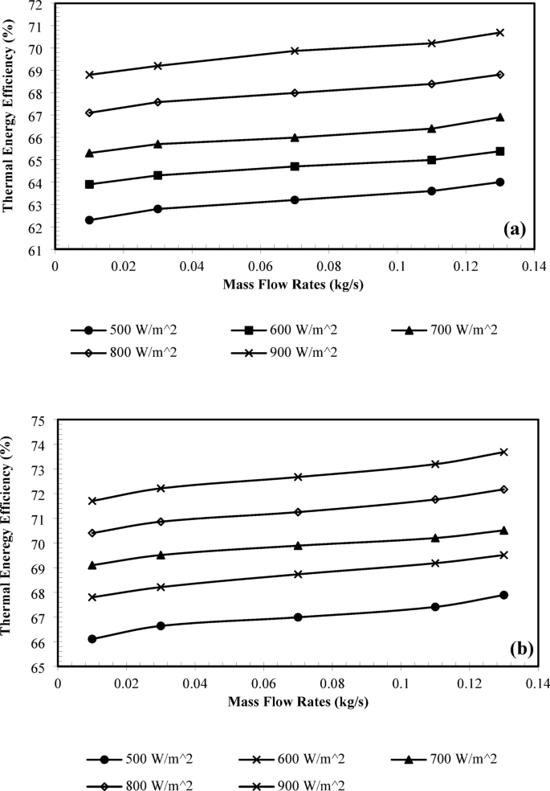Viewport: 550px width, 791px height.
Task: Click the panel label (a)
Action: pyautogui.click(x=514, y=228)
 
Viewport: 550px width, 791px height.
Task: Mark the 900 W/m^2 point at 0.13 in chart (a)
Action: pyautogui.click(x=499, y=33)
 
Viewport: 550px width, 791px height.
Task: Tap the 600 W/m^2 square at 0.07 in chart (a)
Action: pyautogui.click(x=295, y=166)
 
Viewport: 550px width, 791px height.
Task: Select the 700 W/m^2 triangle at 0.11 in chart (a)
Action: pyautogui.click(x=431, y=129)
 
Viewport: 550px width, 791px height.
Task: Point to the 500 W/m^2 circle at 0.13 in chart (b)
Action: pyautogui.click(x=503, y=595)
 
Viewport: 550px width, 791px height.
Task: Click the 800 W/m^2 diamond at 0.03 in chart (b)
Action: pyautogui.click(x=161, y=522)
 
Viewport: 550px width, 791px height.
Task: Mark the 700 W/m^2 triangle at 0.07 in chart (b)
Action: pyautogui.click(x=298, y=546)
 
